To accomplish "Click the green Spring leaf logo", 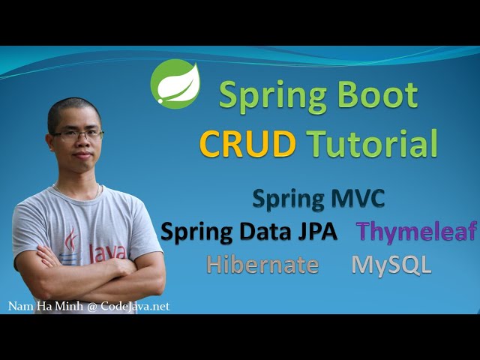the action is tap(175, 84).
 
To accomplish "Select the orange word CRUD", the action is tap(248, 143).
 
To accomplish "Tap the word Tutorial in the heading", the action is tap(372, 142).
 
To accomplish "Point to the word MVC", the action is tap(358, 199).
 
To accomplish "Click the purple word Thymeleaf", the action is tap(416, 232).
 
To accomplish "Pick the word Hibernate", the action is tap(262, 264).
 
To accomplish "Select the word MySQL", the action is tap(391, 265).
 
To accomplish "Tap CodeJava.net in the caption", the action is tap(135, 306).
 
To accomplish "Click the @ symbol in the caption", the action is tap(91, 307).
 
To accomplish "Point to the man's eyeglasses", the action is tap(77, 134).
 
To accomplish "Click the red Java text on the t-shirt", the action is tap(107, 253).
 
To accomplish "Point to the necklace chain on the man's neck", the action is tap(76, 191).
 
